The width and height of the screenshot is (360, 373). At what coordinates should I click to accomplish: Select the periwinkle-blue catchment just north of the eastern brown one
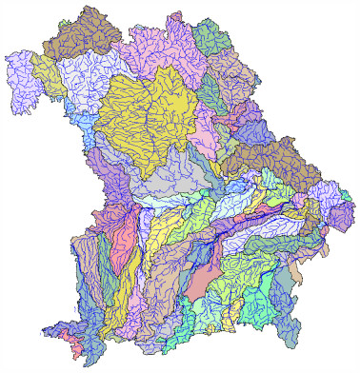click(255, 128)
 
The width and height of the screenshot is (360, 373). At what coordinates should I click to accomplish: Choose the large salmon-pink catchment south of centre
click(202, 278)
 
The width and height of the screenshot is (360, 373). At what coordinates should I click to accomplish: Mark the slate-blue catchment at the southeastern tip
click(293, 328)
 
